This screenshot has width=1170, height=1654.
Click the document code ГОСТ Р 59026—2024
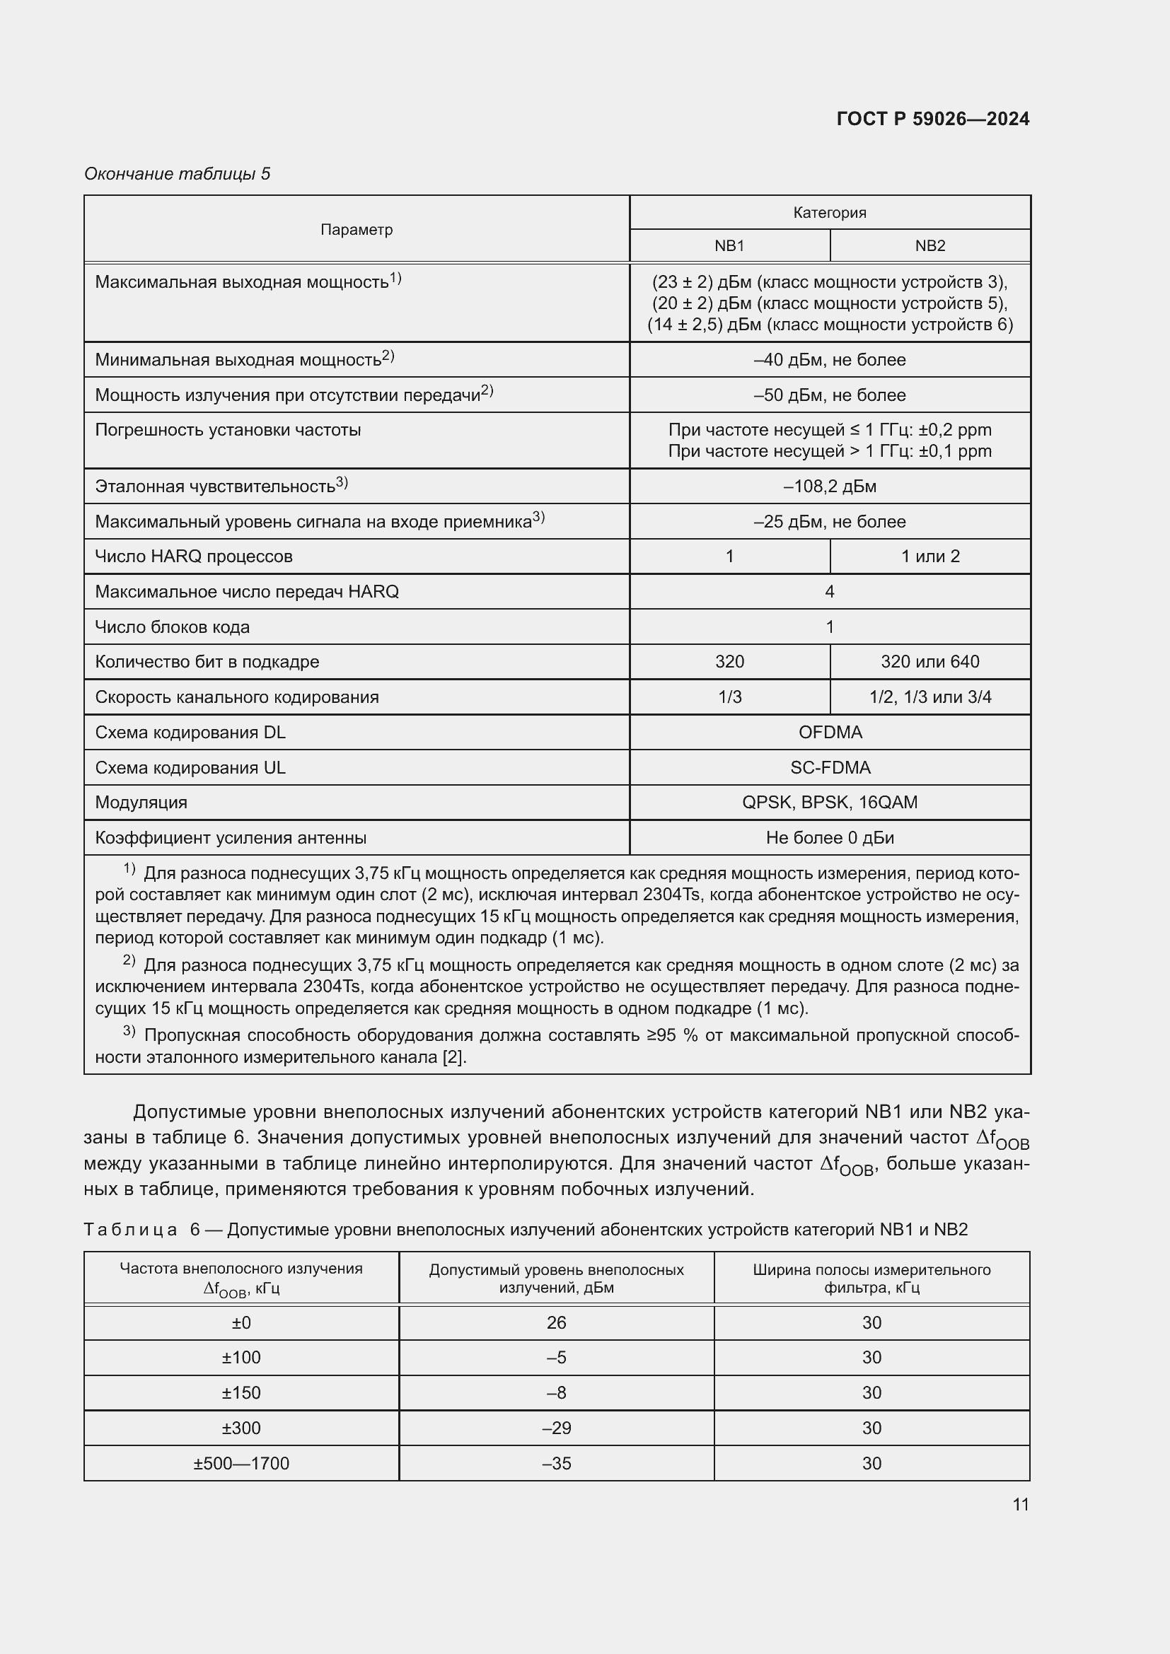[x=932, y=119]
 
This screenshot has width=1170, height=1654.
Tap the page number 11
[x=1020, y=1504]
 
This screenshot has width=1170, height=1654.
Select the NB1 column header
[x=729, y=245]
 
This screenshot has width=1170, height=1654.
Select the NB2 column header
[x=929, y=245]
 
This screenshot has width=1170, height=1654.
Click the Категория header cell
[x=829, y=213]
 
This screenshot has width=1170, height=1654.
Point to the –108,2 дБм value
[x=829, y=487]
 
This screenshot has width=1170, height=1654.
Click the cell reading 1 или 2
[x=929, y=556]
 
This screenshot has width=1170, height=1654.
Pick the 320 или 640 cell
[x=929, y=661]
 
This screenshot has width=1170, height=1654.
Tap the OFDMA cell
[x=829, y=732]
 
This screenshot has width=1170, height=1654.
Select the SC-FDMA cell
[x=829, y=767]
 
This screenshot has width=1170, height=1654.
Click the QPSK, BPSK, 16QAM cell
[x=829, y=802]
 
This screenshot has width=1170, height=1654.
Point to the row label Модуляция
[x=141, y=803]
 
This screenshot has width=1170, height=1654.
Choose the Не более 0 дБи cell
[x=829, y=837]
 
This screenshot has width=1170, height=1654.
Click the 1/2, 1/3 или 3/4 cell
[x=929, y=697]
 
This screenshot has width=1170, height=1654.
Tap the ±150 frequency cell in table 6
[x=241, y=1392]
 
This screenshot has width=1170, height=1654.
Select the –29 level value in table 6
[x=556, y=1428]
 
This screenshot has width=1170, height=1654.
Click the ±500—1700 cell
[x=241, y=1463]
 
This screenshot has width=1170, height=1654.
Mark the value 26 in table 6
[x=556, y=1322]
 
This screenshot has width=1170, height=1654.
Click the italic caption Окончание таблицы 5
[x=178, y=174]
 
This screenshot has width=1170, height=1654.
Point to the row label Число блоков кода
[x=172, y=627]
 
